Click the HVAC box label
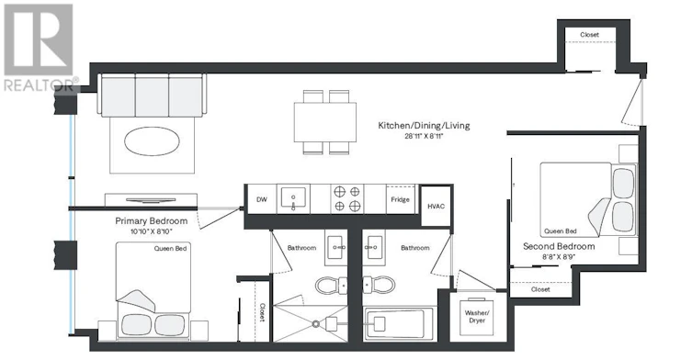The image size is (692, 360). (436, 206)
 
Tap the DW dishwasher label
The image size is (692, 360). (262, 199)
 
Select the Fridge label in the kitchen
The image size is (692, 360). (401, 199)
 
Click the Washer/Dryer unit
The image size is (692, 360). (477, 316)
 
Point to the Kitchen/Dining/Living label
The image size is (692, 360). (424, 125)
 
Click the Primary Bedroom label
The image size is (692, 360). (152, 221)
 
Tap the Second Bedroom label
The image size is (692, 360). (559, 246)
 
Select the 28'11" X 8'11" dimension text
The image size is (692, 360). (424, 136)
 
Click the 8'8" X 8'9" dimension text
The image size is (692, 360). (559, 256)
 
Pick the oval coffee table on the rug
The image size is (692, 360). (152, 141)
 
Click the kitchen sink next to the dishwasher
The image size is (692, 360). (293, 199)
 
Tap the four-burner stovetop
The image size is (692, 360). (346, 198)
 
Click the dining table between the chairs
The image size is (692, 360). (325, 122)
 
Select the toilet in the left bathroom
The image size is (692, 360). (331, 285)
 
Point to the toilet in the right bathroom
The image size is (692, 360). (379, 285)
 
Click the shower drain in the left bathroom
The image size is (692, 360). (315, 324)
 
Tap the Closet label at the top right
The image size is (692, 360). (590, 34)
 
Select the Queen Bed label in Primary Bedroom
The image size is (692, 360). (170, 248)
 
